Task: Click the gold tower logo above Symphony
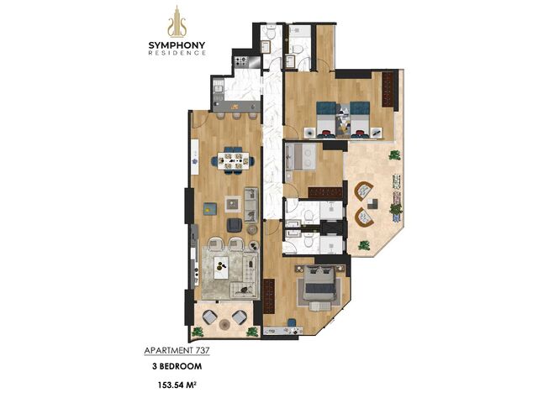177,22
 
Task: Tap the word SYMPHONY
177,45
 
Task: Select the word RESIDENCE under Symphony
177,53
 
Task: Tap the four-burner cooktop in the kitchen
241,61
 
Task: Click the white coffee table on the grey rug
221,268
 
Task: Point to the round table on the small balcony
224,324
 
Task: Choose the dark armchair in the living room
235,225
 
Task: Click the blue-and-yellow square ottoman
210,208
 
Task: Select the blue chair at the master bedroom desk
292,323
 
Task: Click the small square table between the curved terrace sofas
372,204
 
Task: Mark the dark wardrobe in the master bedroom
269,296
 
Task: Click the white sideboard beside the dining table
195,157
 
